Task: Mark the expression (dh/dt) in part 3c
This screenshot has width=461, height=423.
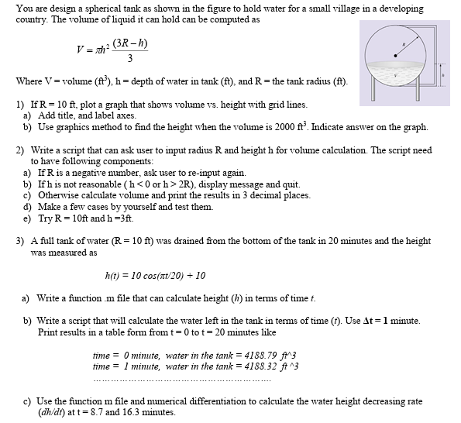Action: point(51,412)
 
